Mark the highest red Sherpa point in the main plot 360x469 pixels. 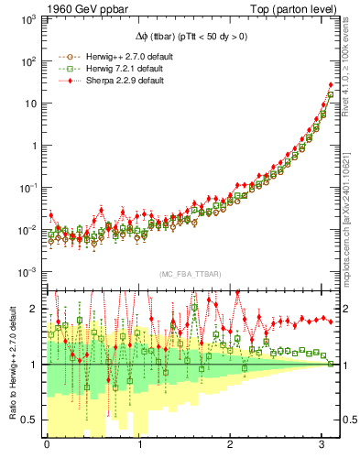click(331, 85)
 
